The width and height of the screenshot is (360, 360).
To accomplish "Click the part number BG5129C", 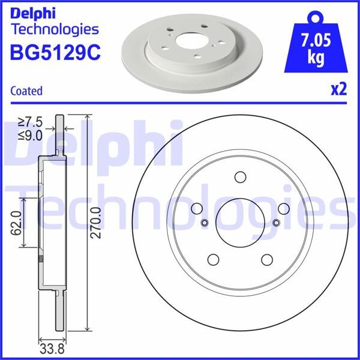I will click(x=55, y=52).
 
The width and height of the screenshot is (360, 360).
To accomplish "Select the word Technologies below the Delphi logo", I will click(x=55, y=29).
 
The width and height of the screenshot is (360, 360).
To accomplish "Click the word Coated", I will click(x=26, y=91).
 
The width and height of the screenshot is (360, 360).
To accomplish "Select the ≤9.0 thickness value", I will click(x=30, y=136).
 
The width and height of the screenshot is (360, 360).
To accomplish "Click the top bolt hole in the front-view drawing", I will click(x=240, y=178).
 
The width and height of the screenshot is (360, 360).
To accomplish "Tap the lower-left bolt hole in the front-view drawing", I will click(x=213, y=259).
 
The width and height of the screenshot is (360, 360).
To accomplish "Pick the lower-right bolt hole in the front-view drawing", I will click(x=267, y=259).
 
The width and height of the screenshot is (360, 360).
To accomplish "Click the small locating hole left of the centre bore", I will click(x=204, y=223).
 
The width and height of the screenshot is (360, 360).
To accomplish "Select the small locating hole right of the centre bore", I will click(x=276, y=223).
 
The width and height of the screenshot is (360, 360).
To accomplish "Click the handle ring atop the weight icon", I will click(x=318, y=15).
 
